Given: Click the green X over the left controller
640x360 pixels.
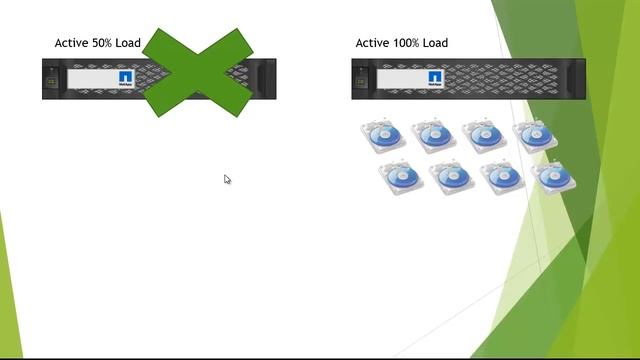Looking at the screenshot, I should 198,72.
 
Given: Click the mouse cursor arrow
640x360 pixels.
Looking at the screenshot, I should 227,179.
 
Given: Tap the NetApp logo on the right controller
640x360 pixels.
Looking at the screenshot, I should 436,78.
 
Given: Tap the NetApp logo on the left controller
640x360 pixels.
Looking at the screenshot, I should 126,78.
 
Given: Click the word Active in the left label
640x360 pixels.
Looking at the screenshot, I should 72,43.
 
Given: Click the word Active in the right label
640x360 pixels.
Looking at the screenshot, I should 373,43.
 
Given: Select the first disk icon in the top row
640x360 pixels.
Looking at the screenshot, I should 382,136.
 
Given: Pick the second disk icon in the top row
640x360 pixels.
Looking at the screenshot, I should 433,136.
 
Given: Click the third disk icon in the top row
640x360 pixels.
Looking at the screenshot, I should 484,136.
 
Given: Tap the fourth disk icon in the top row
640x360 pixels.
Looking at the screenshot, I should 534,136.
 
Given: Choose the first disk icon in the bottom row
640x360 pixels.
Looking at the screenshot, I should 401,177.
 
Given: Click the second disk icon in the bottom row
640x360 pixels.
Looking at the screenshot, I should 451,177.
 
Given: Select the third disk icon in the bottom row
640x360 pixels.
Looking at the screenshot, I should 502,177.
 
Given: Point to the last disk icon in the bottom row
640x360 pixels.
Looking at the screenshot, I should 553,177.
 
